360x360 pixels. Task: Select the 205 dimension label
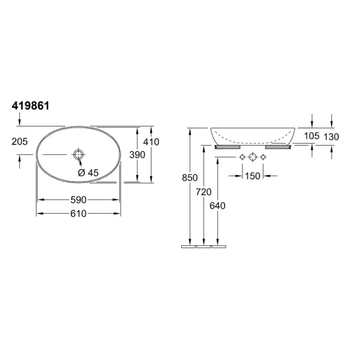pos(20,142)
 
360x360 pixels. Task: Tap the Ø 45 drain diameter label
pos(88,173)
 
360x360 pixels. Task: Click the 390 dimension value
pos(137,155)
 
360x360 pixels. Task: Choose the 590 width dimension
pos(78,200)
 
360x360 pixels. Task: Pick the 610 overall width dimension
pos(78,214)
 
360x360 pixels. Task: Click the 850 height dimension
pos(190,178)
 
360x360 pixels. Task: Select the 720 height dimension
pos(204,192)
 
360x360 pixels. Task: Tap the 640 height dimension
pos(218,205)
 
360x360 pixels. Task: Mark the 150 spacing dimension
pos(252,176)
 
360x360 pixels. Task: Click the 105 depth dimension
pos(311,136)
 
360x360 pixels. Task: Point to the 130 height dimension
pos(332,136)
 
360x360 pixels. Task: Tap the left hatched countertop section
pos(227,146)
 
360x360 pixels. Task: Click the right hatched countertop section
pos(278,146)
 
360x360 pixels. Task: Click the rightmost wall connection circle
pos(263,157)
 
